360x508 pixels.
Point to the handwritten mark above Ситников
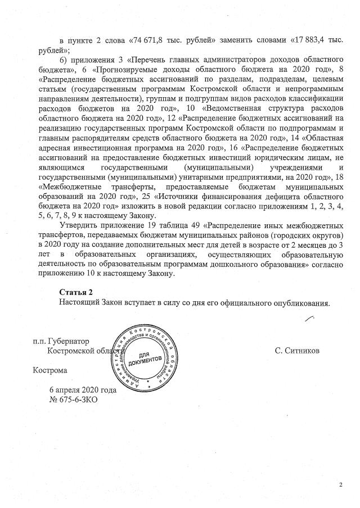308,321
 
